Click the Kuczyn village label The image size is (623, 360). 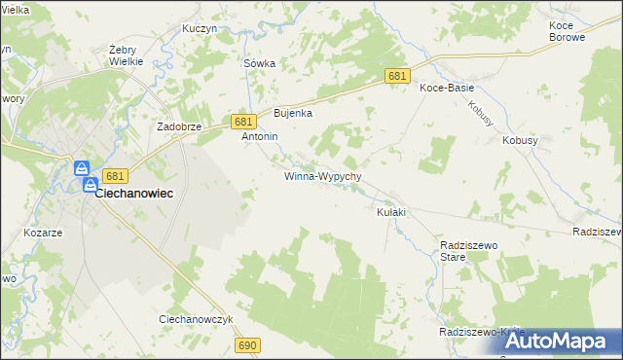199,28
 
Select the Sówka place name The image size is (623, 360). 259,63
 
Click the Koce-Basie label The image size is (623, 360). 447,88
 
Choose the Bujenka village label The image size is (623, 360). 292,113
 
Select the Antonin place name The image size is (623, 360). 260,137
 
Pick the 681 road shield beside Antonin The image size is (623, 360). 243,121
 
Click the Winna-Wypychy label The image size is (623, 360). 323,177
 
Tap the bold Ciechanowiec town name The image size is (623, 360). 134,194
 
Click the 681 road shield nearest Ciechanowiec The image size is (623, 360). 115,176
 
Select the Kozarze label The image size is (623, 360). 43,234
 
